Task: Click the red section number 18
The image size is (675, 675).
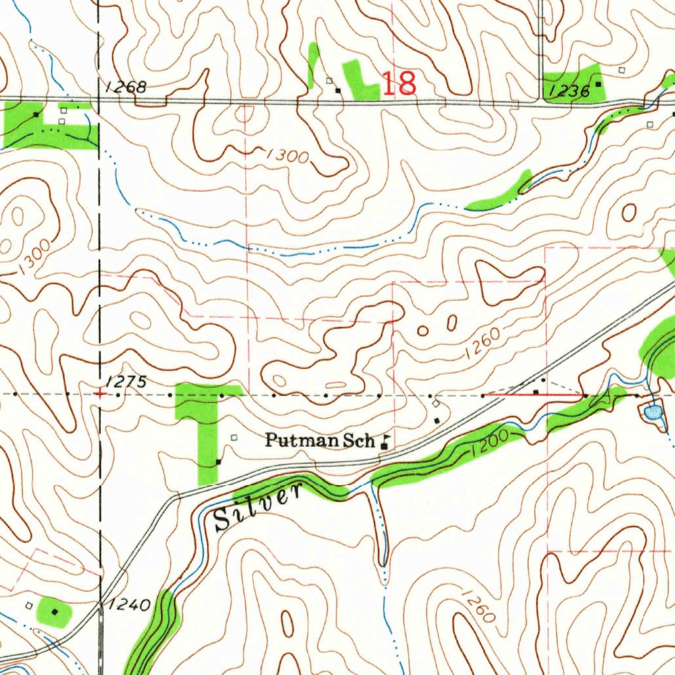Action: tap(399, 84)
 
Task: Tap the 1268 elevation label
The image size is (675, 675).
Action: tap(125, 87)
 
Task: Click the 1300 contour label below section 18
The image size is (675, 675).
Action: tap(288, 156)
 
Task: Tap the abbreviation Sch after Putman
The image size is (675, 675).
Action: tap(357, 440)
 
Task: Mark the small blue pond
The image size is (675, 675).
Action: tap(652, 413)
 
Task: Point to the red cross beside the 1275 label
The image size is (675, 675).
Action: tap(99, 394)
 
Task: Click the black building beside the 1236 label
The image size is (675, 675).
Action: tap(599, 84)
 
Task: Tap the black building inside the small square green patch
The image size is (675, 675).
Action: tap(55, 612)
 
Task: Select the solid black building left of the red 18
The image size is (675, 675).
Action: tap(338, 90)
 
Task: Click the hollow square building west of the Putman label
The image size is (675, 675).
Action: tap(233, 437)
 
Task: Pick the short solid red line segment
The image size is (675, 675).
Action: tap(560, 395)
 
